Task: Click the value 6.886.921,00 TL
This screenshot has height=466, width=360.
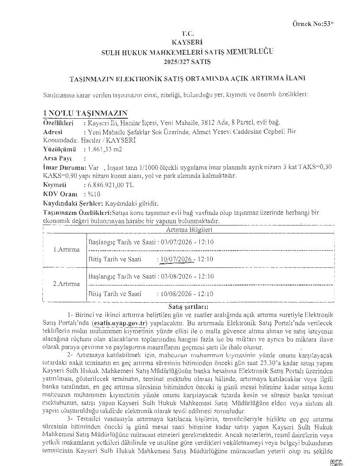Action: (111, 185)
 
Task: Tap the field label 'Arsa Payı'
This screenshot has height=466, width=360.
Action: (57, 158)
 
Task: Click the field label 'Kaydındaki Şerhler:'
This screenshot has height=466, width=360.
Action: (73, 203)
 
